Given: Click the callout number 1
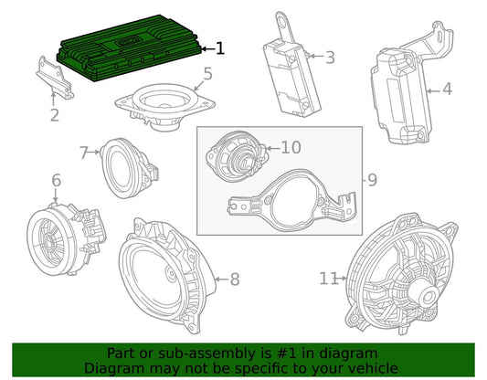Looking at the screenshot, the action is (220, 48).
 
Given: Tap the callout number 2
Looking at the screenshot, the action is (55, 115).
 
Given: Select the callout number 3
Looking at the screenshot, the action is (330, 58).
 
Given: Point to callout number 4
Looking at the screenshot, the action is (447, 90).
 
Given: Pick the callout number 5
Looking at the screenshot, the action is (207, 74).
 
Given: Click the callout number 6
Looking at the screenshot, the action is (56, 180).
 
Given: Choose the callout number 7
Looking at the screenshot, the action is (84, 153).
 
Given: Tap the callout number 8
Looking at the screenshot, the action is (235, 280).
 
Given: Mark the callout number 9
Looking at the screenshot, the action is (373, 180).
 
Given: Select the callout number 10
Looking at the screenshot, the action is (291, 147).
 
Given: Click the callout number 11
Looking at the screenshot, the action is (329, 279).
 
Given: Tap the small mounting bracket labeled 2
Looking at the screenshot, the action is (56, 78).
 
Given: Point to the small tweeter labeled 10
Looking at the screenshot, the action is (237, 156).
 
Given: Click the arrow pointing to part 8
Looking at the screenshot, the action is (222, 280).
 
